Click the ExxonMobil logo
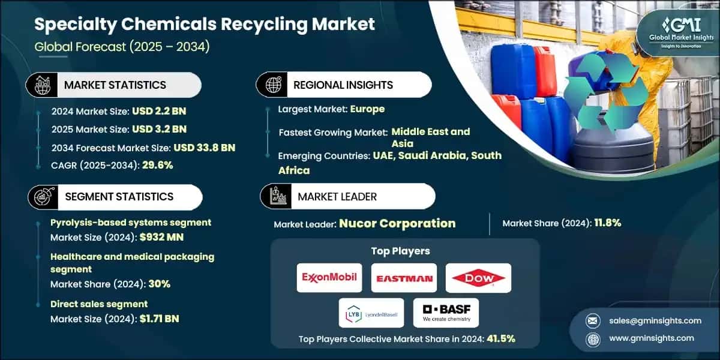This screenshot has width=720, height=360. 329,278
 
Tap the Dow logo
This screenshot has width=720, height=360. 478,278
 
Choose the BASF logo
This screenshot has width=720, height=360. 446,313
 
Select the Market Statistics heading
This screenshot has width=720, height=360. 115,85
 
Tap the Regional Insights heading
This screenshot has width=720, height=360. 343,85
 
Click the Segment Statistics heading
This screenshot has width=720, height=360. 119,196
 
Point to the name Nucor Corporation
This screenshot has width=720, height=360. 397,223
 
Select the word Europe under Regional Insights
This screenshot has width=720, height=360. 368,109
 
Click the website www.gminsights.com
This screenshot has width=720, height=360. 652,338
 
